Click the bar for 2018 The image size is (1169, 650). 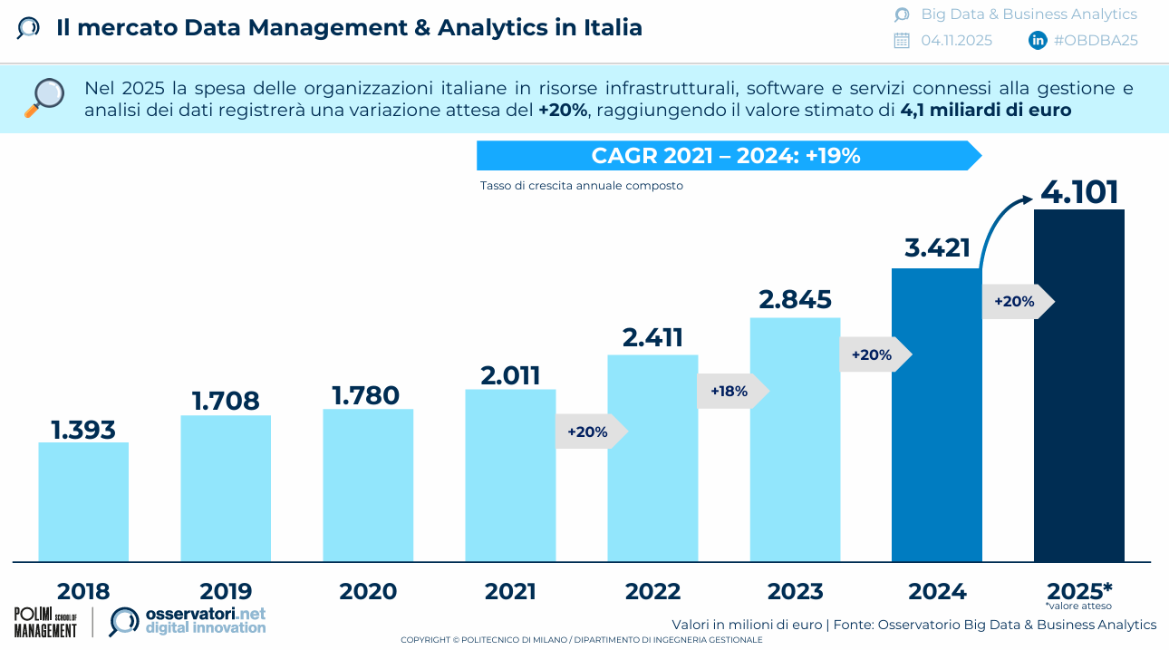coord(83,501)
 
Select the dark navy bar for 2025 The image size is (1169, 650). coord(1079,385)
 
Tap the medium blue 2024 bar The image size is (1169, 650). coord(937,414)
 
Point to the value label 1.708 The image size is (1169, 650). coord(226,400)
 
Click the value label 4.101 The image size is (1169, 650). coord(1079,192)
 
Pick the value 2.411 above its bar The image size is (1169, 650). coord(652,337)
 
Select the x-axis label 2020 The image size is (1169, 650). coord(368,592)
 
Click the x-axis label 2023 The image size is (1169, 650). coord(795,592)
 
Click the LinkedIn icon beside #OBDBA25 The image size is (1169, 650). coord(1038,40)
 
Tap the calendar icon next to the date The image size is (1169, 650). coord(902,40)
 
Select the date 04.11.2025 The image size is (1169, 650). coord(956,40)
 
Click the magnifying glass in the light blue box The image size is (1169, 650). coord(44,98)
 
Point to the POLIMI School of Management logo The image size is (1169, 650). coord(46,622)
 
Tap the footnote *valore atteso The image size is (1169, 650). coord(1078,606)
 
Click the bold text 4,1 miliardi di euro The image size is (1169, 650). coord(986,111)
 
